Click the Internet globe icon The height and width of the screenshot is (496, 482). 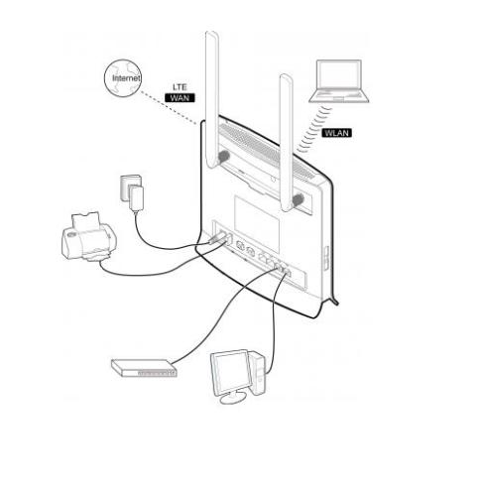click(x=123, y=78)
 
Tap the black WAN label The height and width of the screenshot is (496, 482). click(x=180, y=98)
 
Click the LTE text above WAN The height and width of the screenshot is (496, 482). click(x=180, y=87)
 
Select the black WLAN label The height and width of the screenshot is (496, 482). click(x=336, y=133)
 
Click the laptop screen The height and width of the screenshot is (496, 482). click(x=338, y=75)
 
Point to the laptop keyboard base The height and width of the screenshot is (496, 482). click(x=339, y=96)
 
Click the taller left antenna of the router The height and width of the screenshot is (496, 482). click(x=212, y=99)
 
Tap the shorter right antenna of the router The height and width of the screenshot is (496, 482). click(x=287, y=142)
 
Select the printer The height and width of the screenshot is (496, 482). click(x=89, y=236)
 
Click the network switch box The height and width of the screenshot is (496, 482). click(x=144, y=368)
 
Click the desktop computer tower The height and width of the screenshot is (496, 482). click(x=258, y=373)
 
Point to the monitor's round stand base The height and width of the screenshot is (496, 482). click(x=233, y=398)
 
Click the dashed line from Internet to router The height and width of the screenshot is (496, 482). click(x=169, y=108)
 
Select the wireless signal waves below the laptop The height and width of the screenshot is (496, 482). click(x=314, y=129)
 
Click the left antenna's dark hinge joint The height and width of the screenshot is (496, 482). click(x=223, y=156)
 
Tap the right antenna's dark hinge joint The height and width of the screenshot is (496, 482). click(x=298, y=199)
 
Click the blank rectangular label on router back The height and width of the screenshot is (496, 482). click(x=257, y=223)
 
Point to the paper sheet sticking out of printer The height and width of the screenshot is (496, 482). click(x=86, y=220)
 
